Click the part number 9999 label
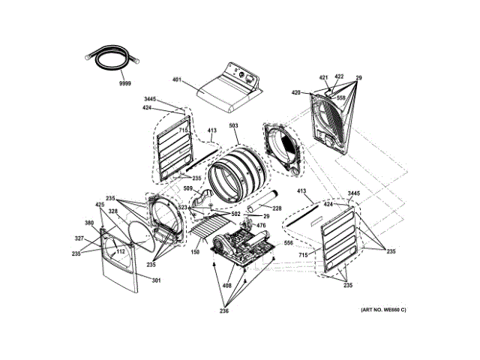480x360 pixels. pyautogui.click(x=124, y=83)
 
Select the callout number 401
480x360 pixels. pyautogui.click(x=177, y=79)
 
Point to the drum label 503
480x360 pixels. pyautogui.click(x=233, y=127)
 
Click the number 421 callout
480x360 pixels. pyautogui.click(x=324, y=77)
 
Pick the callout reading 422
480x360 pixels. pyautogui.click(x=339, y=77)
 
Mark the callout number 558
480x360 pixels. pyautogui.click(x=340, y=98)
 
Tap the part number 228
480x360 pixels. pyautogui.click(x=277, y=208)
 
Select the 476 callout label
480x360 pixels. pyautogui.click(x=262, y=226)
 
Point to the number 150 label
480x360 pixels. pyautogui.click(x=195, y=253)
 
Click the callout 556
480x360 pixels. pyautogui.click(x=288, y=244)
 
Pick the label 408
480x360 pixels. pyautogui.click(x=226, y=286)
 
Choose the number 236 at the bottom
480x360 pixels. pyautogui.click(x=225, y=311)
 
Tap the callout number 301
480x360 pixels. pyautogui.click(x=156, y=281)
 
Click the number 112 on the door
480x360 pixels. pyautogui.click(x=119, y=251)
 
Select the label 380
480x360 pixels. pyautogui.click(x=89, y=223)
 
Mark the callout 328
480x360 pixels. pyautogui.click(x=113, y=211)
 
